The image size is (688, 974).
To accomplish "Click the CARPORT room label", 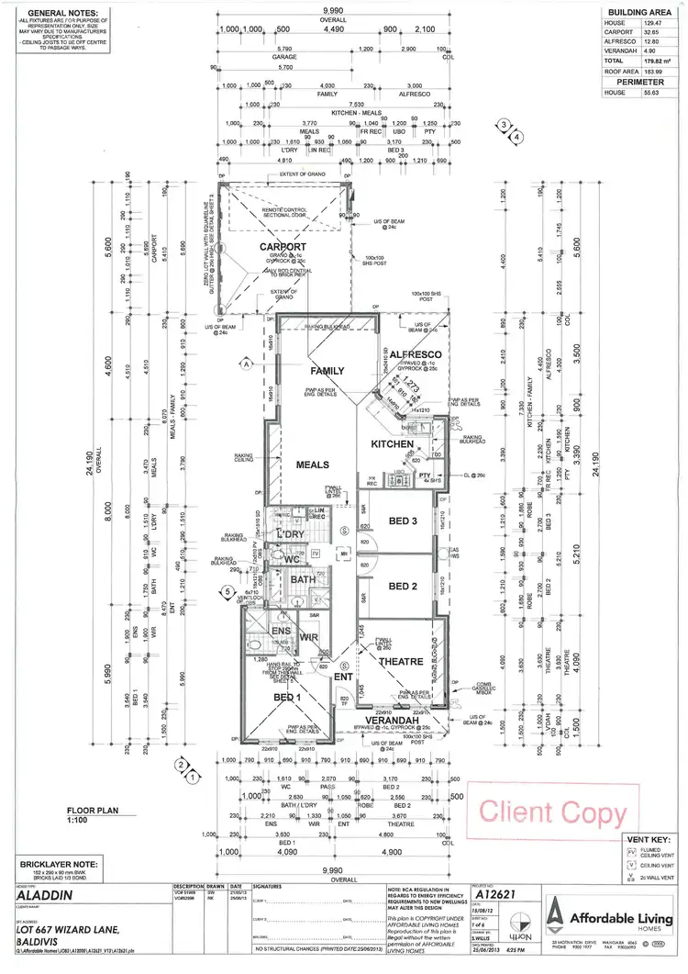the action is (x=283, y=247).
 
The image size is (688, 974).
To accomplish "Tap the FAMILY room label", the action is (x=327, y=372).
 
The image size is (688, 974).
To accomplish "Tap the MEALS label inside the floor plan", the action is (x=312, y=465).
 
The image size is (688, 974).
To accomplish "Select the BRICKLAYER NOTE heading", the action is (x=54, y=864).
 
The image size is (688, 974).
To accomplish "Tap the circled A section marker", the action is (x=247, y=364).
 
